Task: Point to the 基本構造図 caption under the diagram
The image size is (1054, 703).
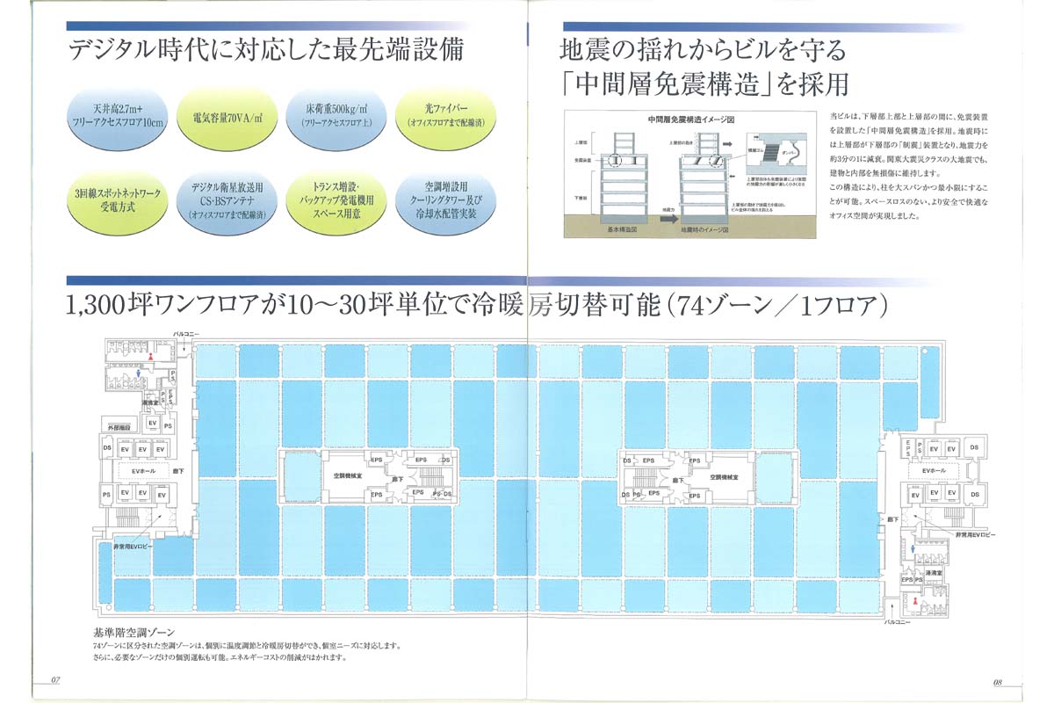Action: click(624, 230)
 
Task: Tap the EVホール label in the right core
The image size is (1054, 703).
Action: click(934, 472)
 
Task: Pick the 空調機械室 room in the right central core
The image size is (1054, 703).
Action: click(727, 475)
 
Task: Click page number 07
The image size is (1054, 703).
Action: click(54, 680)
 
